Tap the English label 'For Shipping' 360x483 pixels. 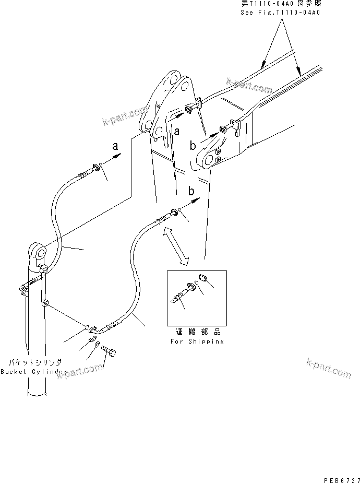[197, 341]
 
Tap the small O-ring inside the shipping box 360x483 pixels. [195, 285]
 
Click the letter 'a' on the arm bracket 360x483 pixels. [177, 131]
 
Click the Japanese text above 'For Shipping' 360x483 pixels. [197, 332]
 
